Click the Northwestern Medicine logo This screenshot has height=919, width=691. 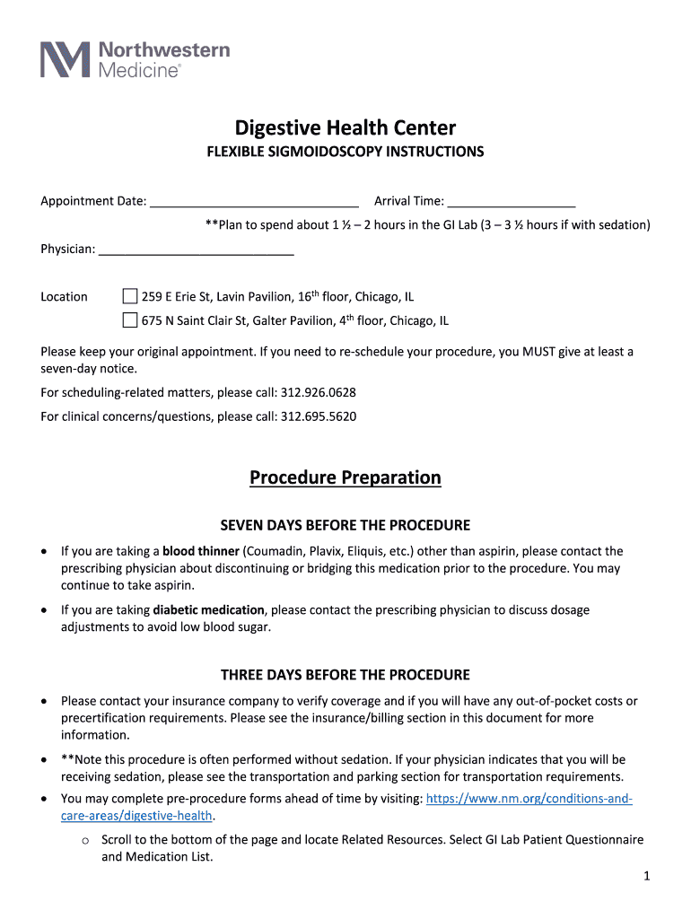pos(136,59)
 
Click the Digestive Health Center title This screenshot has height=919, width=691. pos(345,127)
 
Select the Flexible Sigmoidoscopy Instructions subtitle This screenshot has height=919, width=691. pos(345,152)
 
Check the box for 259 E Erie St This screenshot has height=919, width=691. pos(130,296)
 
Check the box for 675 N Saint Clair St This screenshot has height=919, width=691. pos(130,319)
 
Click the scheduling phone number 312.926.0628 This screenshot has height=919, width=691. pos(319,392)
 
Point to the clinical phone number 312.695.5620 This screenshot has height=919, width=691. pos(319,416)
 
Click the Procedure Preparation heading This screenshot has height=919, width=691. pos(345,477)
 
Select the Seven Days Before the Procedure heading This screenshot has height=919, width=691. pos(345,525)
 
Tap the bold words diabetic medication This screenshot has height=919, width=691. pos(209,610)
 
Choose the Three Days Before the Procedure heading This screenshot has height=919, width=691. pos(345,675)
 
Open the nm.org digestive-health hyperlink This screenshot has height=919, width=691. pos(529,799)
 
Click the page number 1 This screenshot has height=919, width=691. pos(645,877)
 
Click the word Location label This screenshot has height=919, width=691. pos(65,297)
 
